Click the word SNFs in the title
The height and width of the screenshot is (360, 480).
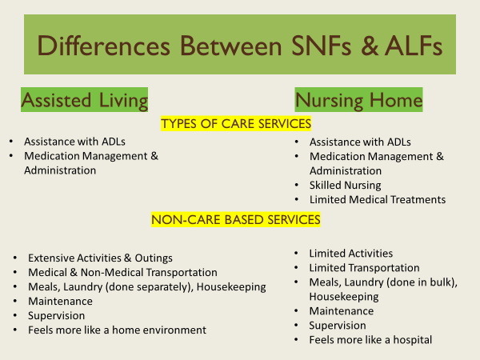[x=321, y=46]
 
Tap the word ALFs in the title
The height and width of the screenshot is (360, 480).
[x=414, y=46]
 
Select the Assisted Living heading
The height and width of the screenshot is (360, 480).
[x=85, y=100]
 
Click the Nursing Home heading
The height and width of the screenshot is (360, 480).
[x=358, y=100]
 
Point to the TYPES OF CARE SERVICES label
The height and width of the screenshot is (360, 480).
[x=236, y=124]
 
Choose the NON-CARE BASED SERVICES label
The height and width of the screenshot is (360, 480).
[x=236, y=220]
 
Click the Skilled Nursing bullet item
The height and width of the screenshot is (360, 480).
[x=346, y=186]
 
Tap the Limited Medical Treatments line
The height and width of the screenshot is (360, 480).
[x=378, y=199]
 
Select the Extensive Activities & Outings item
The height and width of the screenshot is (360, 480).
[x=101, y=258]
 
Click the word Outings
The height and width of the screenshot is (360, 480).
[x=154, y=258]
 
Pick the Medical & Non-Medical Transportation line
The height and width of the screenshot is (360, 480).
[x=122, y=273]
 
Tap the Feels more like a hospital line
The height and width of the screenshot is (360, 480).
[x=370, y=340]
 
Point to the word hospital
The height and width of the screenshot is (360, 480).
[x=412, y=340]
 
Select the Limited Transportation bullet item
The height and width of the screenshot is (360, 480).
[x=364, y=268]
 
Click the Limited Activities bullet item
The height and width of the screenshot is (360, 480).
[x=351, y=254]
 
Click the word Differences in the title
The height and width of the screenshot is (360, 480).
[x=103, y=46]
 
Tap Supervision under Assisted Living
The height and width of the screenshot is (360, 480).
[x=56, y=316]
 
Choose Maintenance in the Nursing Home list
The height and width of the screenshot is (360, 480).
[x=342, y=311]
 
